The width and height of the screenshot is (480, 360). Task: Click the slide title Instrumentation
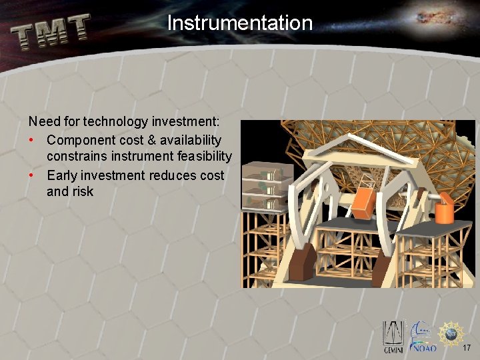coord(239,23)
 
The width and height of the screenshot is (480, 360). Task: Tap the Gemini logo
coord(392,337)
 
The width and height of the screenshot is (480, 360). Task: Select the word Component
coord(79,140)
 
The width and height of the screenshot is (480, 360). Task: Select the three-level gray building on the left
coord(263,187)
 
